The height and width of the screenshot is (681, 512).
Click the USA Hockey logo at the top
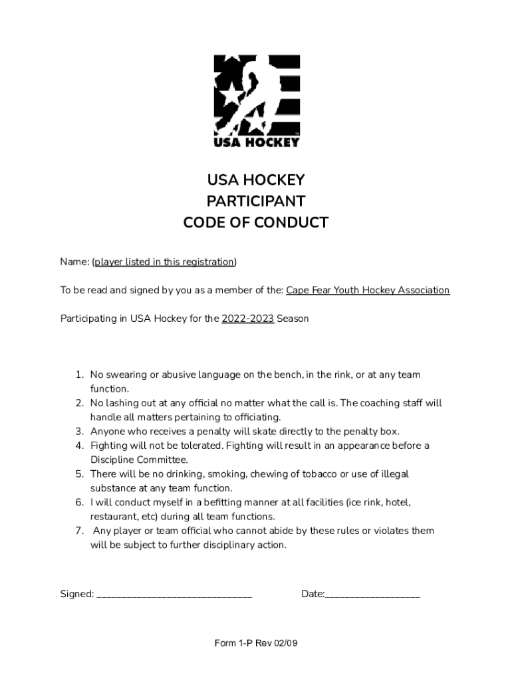tap(256, 100)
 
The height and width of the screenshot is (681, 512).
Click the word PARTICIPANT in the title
tap(256, 202)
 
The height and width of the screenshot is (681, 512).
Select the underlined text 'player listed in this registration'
tap(164, 262)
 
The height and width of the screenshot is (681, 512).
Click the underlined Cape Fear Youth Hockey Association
tap(368, 291)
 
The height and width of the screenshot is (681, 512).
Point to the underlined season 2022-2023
tap(247, 319)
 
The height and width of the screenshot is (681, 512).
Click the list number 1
tap(78, 375)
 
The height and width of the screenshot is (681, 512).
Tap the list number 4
tap(78, 446)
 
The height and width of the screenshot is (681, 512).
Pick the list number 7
tap(78, 531)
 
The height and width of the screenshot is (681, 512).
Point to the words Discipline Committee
tap(139, 460)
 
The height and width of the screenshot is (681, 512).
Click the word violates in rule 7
tap(394, 531)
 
